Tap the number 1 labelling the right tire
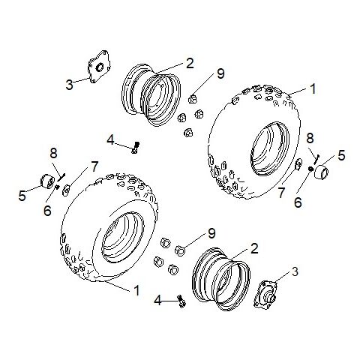point(313,88)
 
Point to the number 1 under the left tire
point(136,289)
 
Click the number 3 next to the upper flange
point(69,85)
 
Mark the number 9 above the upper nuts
point(220,73)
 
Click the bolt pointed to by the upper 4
point(135,147)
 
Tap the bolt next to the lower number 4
point(180,301)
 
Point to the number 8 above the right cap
point(310,138)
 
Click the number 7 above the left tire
point(94,165)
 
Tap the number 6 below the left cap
point(48,212)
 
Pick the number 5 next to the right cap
point(341,155)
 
